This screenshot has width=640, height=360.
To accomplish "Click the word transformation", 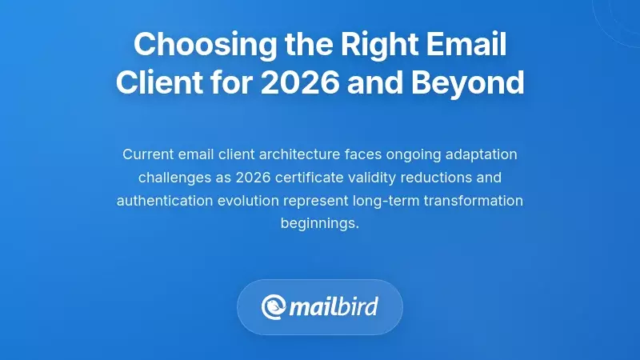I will coord(471,200).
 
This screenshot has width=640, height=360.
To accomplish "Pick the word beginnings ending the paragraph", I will coord(319,223).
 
